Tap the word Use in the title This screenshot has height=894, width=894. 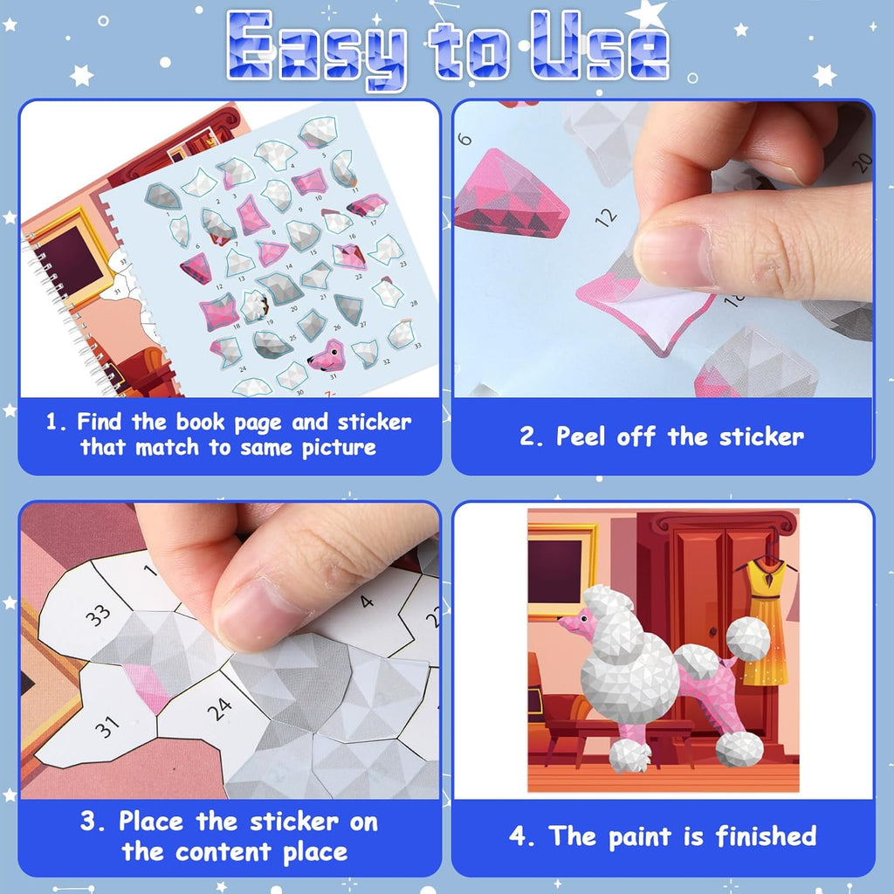(599, 45)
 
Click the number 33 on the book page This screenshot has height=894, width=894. (98, 615)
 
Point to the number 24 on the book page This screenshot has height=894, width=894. (219, 710)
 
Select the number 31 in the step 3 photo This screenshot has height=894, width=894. (107, 727)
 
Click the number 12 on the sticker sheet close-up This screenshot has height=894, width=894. (606, 217)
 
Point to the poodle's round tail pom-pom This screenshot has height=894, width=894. (748, 639)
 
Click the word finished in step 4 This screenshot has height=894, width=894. (766, 836)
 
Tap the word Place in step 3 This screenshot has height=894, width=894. (151, 822)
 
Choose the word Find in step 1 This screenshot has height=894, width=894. (100, 422)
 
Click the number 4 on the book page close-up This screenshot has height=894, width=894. (367, 601)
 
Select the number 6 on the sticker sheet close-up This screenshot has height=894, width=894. (465, 139)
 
